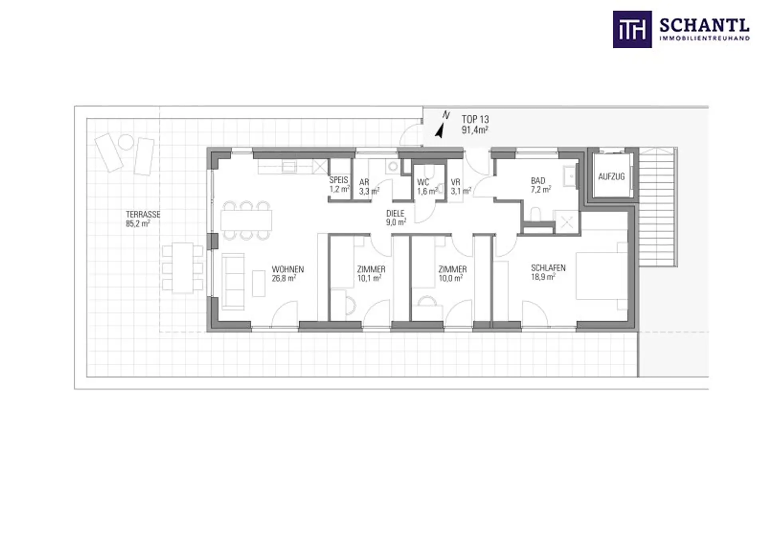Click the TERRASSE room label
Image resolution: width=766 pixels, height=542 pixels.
tap(143, 214)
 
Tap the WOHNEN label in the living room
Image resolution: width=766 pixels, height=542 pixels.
tap(288, 269)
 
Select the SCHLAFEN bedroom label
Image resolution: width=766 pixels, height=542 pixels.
tap(548, 268)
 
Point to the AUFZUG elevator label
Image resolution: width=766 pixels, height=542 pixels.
tap(611, 176)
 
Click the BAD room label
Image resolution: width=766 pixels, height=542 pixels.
tap(538, 181)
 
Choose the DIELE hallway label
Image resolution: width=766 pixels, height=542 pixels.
tap(395, 214)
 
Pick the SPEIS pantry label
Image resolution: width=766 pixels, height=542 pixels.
tap(339, 180)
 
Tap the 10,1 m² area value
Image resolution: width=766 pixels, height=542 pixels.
tap(369, 278)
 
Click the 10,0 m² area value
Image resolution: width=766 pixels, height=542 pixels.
tap(451, 278)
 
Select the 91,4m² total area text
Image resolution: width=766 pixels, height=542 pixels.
tap(475, 130)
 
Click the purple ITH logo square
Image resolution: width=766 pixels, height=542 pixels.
tap(632, 30)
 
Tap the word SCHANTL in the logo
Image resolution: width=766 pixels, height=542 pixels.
tap(705, 26)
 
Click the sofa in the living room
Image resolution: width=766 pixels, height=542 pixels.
tap(233, 281)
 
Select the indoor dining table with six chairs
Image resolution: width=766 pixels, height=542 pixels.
tap(246, 220)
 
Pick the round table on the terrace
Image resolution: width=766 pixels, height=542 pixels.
tap(126, 142)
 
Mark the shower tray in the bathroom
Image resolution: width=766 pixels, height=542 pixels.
tap(567, 222)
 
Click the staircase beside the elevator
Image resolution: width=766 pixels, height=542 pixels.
tap(657, 207)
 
